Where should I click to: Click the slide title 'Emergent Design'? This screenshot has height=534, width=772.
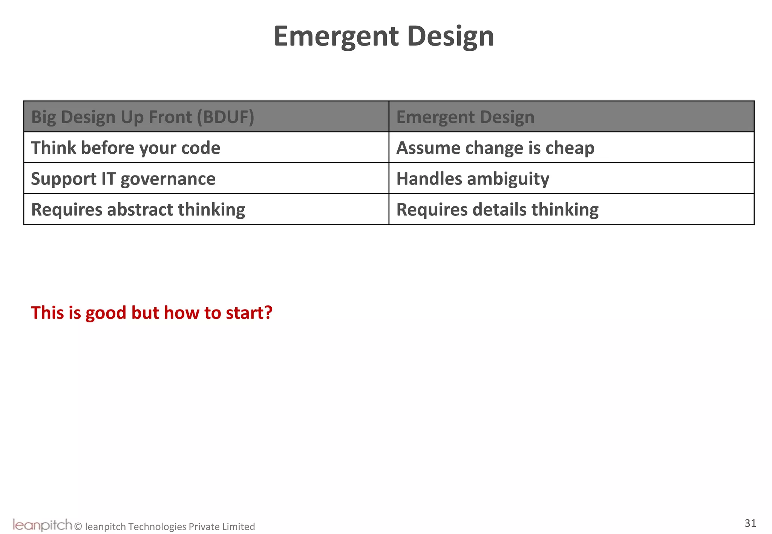[384, 37]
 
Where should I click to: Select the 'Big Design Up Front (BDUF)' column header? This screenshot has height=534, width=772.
[142, 117]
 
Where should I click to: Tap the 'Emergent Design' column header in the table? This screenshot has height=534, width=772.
[465, 117]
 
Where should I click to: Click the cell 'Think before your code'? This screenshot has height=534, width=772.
[126, 148]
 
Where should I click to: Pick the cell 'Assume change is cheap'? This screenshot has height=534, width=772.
[495, 148]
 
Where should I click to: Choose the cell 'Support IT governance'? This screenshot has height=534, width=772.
[123, 179]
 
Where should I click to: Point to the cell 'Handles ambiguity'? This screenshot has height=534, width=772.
[473, 179]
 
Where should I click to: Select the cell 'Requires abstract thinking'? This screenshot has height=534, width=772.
[138, 210]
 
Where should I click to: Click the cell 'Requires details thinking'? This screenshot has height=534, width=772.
[497, 210]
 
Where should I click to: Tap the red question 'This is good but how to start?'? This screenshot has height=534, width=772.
[152, 313]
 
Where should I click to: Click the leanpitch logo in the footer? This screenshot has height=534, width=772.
[42, 525]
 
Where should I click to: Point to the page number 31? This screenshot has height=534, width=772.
[750, 523]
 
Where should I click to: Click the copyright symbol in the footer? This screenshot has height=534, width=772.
[78, 526]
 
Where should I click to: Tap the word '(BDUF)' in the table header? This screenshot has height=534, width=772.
[225, 117]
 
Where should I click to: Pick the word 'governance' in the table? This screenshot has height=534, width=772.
[168, 179]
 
